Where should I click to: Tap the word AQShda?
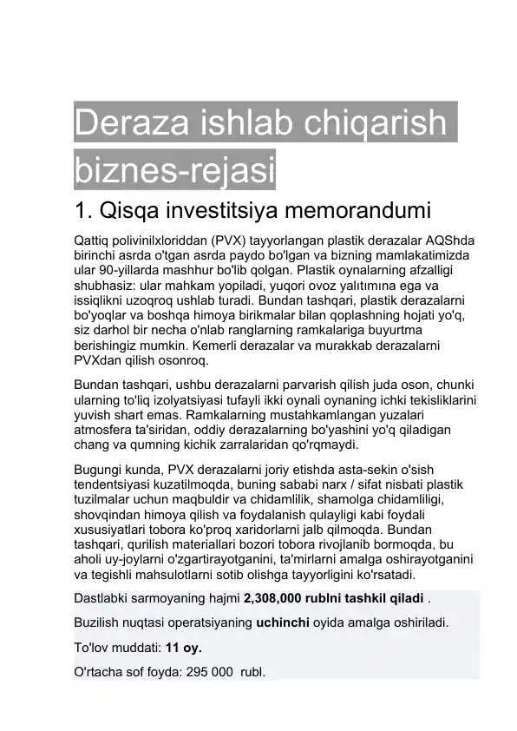(x=455, y=240)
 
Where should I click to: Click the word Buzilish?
(x=97, y=623)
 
